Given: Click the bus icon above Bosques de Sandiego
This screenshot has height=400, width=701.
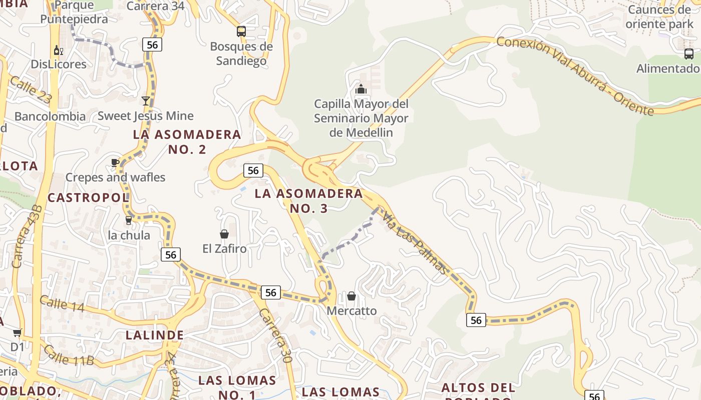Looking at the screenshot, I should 241,31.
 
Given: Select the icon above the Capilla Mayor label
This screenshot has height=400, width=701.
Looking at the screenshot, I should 361,89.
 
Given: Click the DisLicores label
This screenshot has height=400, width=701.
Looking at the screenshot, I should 59,64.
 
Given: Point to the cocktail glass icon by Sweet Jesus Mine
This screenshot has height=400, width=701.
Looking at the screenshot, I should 146,101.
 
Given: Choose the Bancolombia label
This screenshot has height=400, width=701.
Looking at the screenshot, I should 50,116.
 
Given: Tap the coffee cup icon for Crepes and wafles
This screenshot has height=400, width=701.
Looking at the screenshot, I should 115,162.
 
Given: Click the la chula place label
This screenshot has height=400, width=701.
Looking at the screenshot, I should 129,235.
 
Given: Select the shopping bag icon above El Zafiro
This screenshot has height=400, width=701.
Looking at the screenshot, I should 224,234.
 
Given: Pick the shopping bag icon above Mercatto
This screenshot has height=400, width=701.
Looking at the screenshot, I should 352,296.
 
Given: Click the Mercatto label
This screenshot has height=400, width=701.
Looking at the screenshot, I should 352,310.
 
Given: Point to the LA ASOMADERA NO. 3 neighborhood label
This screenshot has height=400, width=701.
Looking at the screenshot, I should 308,200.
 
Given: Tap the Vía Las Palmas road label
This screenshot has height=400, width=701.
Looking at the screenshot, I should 415,243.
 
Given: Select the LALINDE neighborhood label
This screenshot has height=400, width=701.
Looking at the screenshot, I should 155,334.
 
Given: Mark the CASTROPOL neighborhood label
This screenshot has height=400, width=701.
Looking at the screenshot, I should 88,197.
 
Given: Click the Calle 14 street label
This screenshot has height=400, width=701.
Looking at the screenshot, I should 62,304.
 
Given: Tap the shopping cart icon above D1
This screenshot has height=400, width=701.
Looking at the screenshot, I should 17,333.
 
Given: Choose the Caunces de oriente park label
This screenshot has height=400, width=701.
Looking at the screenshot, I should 659,16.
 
